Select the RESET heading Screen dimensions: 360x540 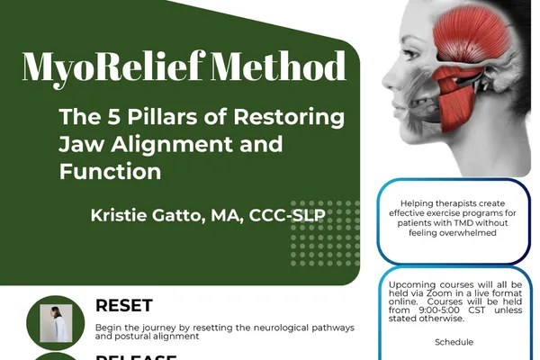click(x=124, y=306)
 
